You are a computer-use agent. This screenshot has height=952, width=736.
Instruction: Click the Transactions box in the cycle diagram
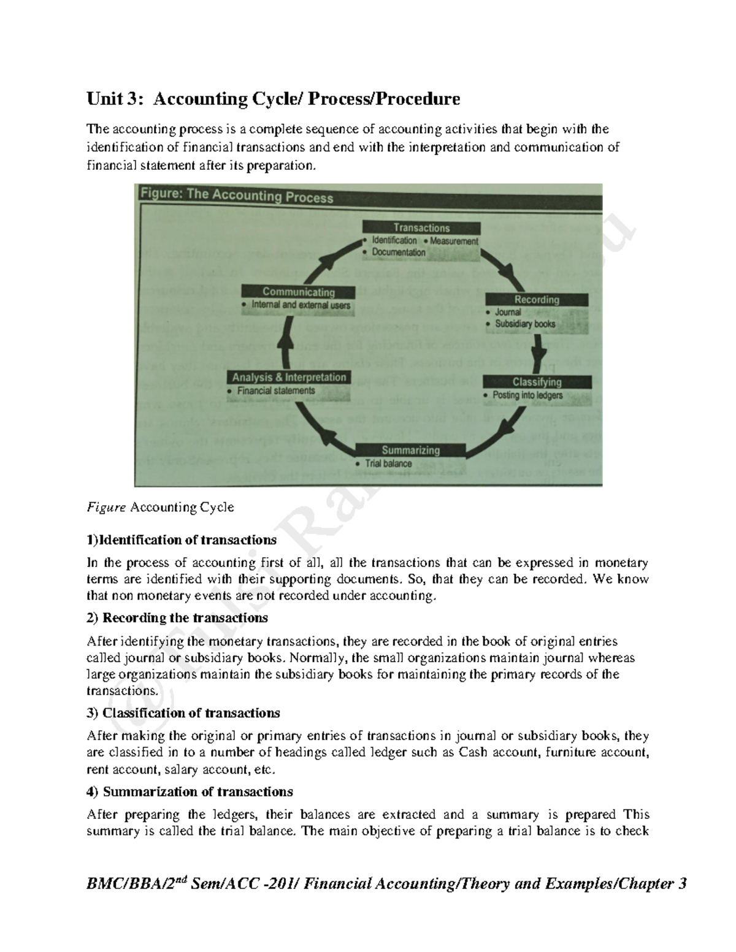point(421,228)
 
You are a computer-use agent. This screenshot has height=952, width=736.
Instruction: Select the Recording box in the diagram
point(537,300)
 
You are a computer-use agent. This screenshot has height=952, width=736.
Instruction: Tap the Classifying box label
point(537,382)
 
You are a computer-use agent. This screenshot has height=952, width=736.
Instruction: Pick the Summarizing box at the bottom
point(410,450)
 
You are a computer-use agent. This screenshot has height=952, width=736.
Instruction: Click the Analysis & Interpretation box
point(289,378)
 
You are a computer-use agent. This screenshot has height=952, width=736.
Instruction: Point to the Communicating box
point(298,292)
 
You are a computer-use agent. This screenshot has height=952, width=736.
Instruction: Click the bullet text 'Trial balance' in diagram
point(388,464)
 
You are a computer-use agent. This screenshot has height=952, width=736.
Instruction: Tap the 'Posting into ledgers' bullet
point(527,395)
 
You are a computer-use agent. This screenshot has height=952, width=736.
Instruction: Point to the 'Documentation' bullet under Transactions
point(398,253)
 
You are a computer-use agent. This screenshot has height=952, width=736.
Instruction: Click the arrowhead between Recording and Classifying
point(539,357)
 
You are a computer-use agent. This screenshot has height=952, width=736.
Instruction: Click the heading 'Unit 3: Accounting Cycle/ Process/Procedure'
point(273,99)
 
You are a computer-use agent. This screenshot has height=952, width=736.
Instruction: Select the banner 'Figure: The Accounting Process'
point(237,196)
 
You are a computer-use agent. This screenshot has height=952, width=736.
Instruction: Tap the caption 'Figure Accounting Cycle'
point(160,508)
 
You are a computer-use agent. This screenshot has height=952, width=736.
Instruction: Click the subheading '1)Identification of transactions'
point(182,540)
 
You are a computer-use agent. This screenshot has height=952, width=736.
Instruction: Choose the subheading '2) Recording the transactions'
point(177,617)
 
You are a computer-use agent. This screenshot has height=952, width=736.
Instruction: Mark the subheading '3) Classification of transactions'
point(183,713)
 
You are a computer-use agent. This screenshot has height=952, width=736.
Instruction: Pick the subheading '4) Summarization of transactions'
point(190,791)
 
